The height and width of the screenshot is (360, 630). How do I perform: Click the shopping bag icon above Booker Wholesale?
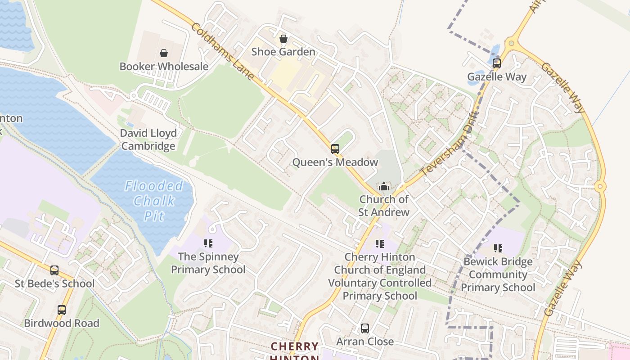tap(164, 53)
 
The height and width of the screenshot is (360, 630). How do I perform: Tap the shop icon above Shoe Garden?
tap(283, 39)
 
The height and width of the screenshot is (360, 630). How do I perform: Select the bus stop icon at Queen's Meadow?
tap(335, 149)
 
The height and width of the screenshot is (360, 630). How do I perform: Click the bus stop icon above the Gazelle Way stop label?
tap(496, 63)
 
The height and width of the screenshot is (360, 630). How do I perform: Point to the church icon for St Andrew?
tap(383, 186)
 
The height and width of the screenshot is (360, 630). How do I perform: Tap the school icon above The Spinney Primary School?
tap(208, 243)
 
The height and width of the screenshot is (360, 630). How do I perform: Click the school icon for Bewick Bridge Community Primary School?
tap(498, 248)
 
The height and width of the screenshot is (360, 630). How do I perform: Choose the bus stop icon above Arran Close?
tap(364, 328)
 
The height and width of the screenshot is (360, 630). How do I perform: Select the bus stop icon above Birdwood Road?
tap(61, 310)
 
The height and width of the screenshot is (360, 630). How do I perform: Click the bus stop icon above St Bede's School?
tap(54, 270)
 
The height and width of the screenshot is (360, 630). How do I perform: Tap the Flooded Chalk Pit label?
tap(154, 200)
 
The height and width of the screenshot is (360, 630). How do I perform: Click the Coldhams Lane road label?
tap(223, 52)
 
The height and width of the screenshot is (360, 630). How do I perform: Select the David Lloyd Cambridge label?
tap(148, 139)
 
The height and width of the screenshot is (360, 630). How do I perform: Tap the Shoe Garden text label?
tap(283, 52)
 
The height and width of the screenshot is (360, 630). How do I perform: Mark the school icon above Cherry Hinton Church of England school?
tap(380, 244)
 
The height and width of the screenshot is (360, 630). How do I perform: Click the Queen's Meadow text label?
tap(335, 162)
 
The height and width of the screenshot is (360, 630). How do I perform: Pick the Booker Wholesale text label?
tap(164, 67)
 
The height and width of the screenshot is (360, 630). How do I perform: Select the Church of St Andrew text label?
tap(383, 206)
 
